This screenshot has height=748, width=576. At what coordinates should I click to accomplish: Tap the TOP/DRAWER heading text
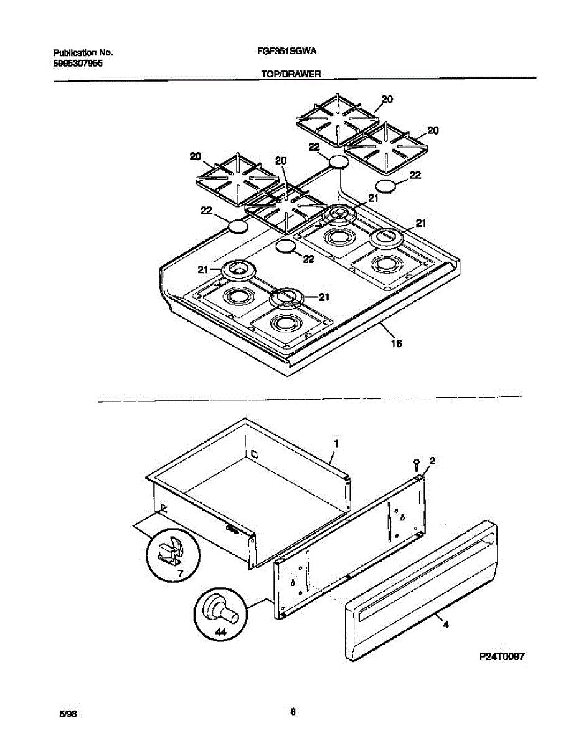286,73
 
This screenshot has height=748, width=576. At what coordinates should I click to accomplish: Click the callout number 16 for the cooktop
395,343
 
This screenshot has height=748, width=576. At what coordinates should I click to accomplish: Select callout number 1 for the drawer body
336,443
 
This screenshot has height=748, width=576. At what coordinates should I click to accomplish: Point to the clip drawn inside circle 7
169,550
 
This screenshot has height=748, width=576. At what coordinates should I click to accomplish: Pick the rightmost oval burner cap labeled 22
387,186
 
